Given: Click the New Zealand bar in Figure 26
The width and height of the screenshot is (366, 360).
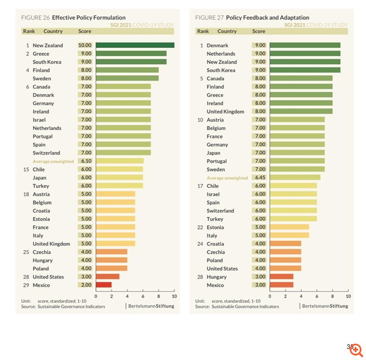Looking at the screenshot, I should coord(135,46).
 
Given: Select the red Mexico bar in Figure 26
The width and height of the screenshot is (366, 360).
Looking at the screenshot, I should coord(104,285).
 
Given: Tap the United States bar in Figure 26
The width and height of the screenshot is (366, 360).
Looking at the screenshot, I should coord(108,277).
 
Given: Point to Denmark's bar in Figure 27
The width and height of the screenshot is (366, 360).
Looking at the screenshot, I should coord(305,46).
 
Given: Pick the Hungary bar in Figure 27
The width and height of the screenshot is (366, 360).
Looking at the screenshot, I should coord(282,277).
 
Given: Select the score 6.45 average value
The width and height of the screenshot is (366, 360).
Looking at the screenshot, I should coord(258,178).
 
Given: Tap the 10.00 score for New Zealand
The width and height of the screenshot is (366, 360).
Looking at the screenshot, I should coord(84,46).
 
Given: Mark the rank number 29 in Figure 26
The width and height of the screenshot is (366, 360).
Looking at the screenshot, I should coord(25,285).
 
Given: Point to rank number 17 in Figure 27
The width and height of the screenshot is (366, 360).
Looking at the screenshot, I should coord(200,186).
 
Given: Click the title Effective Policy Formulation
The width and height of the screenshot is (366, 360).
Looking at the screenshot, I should coord(89,17).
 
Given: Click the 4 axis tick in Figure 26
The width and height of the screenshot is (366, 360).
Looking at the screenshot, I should coord(127,296).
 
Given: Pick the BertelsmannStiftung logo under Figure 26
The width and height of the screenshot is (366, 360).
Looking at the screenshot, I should coord(150,307).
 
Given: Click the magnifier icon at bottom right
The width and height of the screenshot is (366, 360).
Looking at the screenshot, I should coord(355,349).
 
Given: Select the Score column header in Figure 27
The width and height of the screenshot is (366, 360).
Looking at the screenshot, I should coord(258,31).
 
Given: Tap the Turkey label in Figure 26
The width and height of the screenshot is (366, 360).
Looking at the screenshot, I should coord(41,186).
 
